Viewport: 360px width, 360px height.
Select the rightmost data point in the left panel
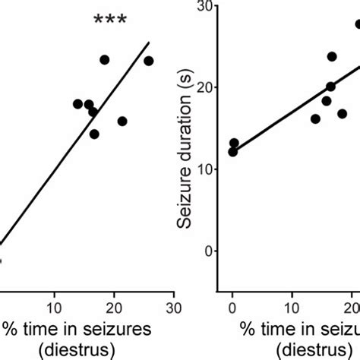click(149, 61)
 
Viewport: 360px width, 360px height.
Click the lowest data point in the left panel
click(94, 134)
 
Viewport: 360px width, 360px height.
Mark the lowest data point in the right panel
click(232, 152)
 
